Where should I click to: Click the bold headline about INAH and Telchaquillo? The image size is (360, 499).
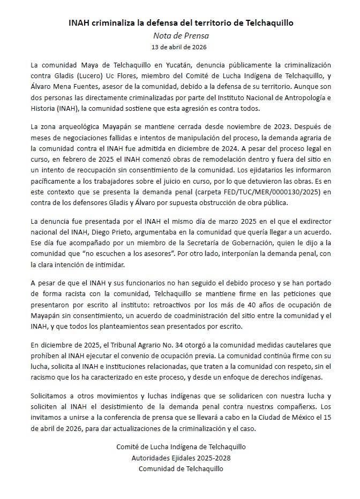180,23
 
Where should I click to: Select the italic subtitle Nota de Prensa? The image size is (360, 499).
180,36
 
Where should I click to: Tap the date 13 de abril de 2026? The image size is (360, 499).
180,48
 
